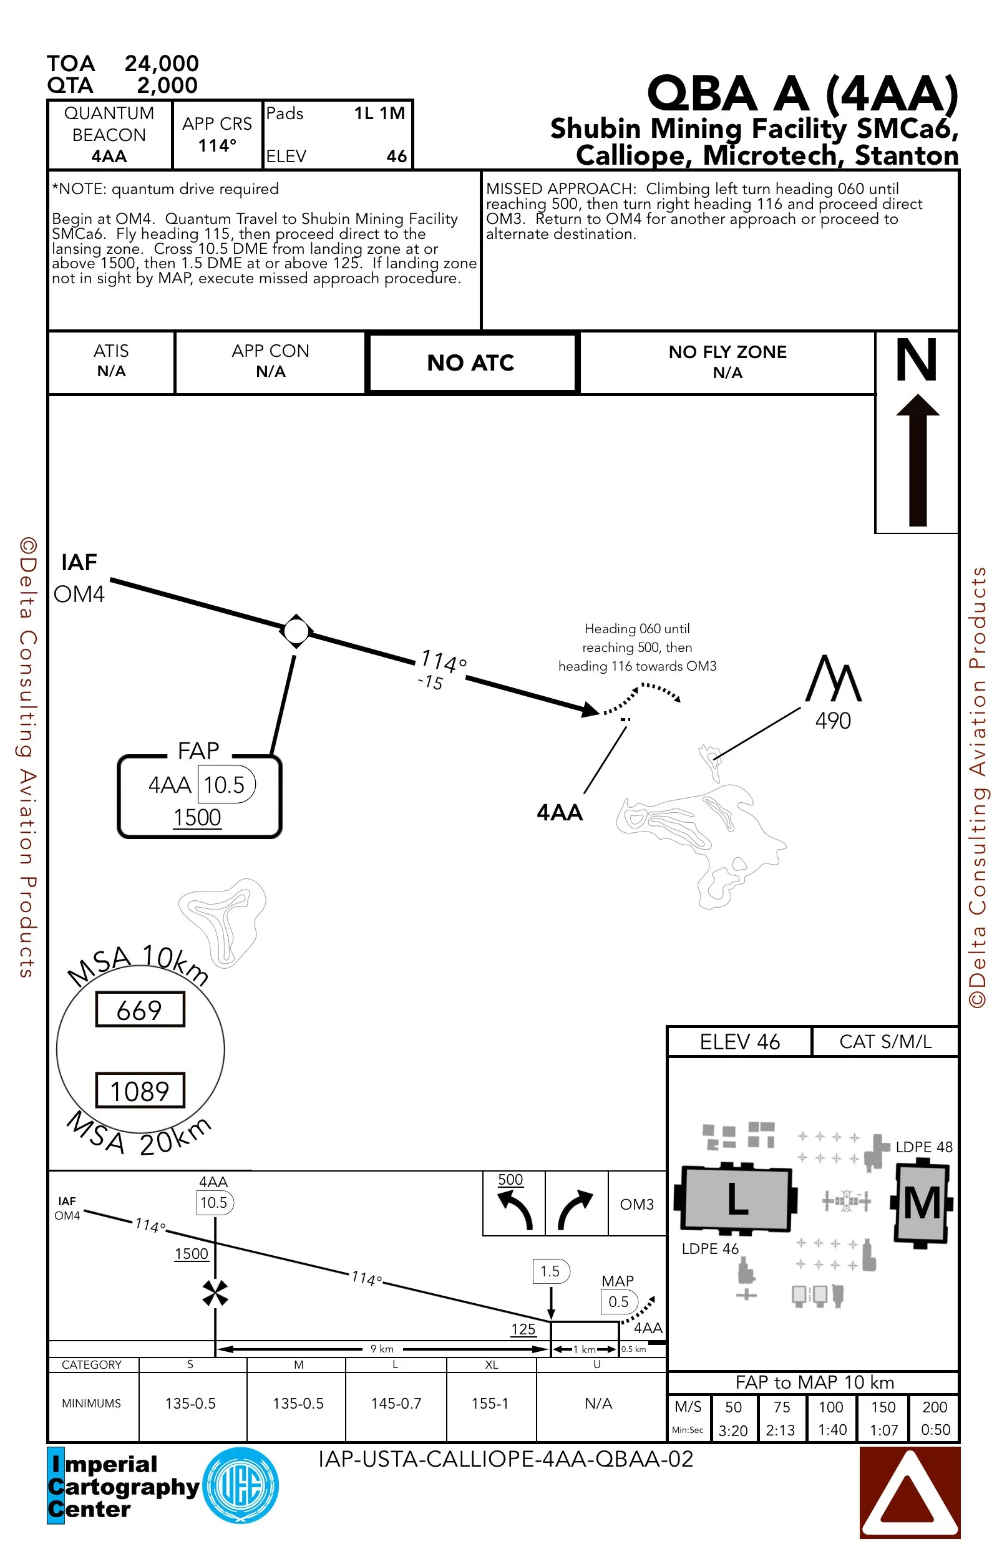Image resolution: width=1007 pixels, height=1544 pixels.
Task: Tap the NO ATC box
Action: pos(470,362)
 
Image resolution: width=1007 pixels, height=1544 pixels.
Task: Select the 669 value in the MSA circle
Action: pos(140,1009)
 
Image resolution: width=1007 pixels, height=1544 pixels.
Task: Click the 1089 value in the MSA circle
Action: pos(140,1091)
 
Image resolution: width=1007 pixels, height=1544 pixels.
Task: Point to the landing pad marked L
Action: pos(736,1198)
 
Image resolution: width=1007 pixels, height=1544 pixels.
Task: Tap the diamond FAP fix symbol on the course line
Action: pos(296,631)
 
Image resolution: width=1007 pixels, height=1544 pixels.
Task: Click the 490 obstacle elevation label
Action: pos(832,721)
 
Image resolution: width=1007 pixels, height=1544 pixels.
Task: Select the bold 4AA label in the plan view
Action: pos(559,813)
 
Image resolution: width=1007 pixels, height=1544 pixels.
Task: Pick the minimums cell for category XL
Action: pos(490,1403)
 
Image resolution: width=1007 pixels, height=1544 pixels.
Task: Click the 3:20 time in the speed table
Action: pos(733,1430)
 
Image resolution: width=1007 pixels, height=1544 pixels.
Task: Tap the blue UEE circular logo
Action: pos(241,1485)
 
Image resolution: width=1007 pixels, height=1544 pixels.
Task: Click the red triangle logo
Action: pos(909,1492)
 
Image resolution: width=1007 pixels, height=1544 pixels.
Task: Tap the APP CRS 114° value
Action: pos(216,145)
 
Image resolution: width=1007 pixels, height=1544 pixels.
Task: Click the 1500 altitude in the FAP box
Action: pos(197,817)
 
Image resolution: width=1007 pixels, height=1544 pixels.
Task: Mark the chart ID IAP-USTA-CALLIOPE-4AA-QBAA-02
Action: pos(505,1459)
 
